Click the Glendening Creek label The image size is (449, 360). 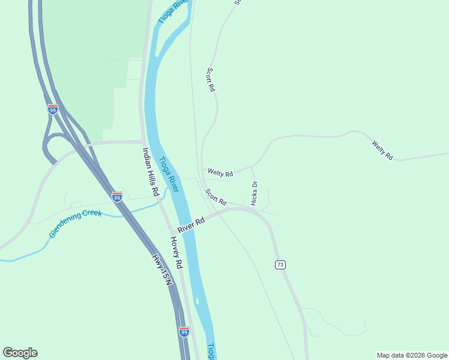pos(76,223)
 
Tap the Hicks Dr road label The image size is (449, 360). pos(254,193)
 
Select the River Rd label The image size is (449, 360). pos(191,226)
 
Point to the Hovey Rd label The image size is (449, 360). pos(175,252)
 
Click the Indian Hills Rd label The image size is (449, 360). pos(150,172)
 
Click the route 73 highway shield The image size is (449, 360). pos(280,265)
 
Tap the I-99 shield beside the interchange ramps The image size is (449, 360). pos(52,109)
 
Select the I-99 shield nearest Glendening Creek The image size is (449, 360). pos(117,196)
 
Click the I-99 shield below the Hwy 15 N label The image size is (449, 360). pos(184,331)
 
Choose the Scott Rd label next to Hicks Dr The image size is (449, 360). pos(216,197)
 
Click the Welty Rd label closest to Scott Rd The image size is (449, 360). pos(220,173)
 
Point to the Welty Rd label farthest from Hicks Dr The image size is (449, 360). pos(382,150)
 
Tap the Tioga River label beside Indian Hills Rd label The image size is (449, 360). pos(169,175)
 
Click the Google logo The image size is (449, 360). pos(20,353)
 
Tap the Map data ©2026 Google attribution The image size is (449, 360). pos(412,355)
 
